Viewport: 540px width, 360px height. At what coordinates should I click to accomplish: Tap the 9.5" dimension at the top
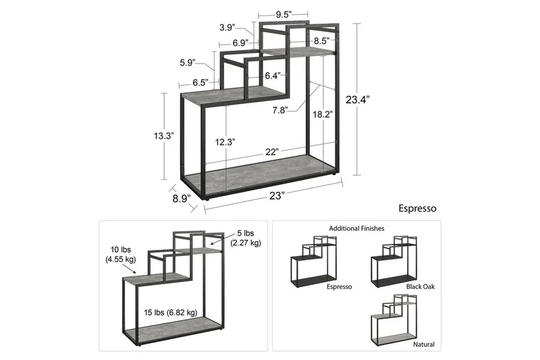click(x=283, y=14)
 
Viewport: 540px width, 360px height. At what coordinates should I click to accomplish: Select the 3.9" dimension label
click(x=227, y=28)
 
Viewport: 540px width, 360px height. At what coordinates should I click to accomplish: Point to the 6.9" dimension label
click(x=240, y=43)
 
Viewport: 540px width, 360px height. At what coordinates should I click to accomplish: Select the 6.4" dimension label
click(x=272, y=75)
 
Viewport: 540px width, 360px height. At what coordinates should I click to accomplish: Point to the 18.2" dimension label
click(x=322, y=115)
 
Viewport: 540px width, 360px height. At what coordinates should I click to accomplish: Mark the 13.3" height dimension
click(x=163, y=136)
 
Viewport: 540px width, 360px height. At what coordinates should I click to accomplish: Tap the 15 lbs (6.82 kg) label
click(x=170, y=313)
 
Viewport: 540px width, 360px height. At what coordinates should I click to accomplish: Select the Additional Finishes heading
click(x=356, y=229)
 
